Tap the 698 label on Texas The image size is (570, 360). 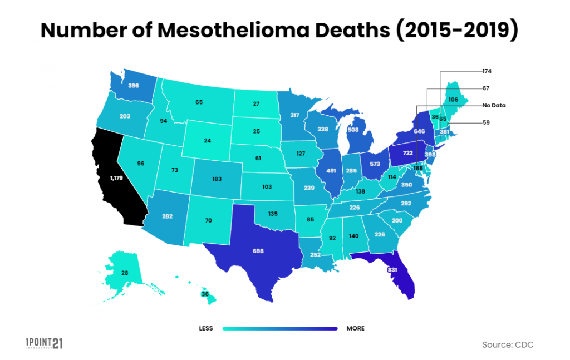(258, 251)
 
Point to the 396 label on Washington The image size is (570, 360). (134, 86)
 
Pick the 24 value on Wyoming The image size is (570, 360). (207, 141)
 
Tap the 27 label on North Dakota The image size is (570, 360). (256, 103)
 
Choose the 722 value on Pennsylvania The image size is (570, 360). (407, 151)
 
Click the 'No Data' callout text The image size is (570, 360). (494, 105)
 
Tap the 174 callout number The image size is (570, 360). (487, 72)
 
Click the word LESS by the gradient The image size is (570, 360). (206, 328)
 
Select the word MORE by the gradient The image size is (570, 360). (355, 328)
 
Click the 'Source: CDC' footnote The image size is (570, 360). (508, 345)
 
